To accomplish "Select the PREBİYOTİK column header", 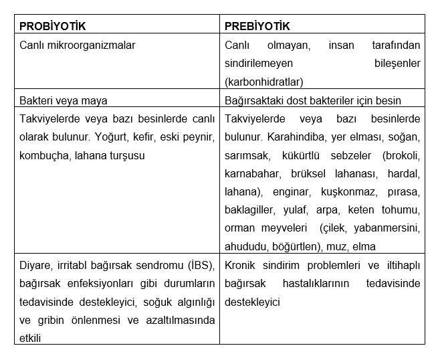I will pyautogui.click(x=257, y=27).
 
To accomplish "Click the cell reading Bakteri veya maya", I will pyautogui.click(x=64, y=100).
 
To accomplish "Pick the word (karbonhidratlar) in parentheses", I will pyautogui.click(x=264, y=82).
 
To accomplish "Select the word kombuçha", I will pyautogui.click(x=44, y=155).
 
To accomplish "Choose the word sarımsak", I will pyautogui.click(x=247, y=155).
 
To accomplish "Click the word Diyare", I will pyautogui.click(x=35, y=265).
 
